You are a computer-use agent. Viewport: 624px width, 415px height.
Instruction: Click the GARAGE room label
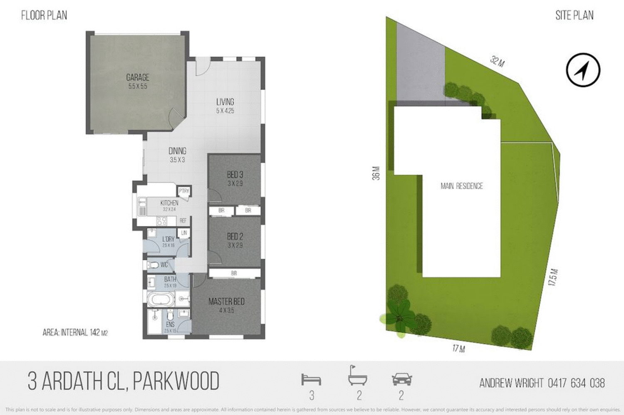point(137,77)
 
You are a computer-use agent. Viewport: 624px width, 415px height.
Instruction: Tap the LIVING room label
point(225,102)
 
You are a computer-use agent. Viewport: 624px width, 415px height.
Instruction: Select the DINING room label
point(177,151)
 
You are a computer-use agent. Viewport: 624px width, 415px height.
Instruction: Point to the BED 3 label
point(235,175)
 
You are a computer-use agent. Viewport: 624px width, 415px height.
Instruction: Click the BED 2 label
point(235,237)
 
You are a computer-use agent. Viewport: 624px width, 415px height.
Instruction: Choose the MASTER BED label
point(226,301)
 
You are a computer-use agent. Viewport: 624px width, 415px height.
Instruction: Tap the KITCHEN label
point(169,203)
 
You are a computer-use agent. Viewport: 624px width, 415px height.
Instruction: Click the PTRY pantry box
point(184,191)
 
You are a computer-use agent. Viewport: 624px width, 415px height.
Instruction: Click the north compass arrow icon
point(583,70)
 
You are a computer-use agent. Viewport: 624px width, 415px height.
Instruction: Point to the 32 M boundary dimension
point(497,62)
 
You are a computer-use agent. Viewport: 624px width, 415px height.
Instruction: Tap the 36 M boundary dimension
point(376,173)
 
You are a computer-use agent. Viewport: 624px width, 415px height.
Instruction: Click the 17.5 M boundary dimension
point(553,277)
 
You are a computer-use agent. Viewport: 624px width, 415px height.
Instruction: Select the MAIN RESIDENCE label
point(462,186)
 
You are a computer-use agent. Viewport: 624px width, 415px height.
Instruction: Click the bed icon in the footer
point(311,379)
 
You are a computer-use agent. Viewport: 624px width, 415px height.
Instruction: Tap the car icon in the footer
point(401,379)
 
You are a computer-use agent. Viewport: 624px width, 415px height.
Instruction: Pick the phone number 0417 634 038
point(576,383)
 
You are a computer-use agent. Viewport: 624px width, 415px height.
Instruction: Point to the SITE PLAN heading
point(574,15)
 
